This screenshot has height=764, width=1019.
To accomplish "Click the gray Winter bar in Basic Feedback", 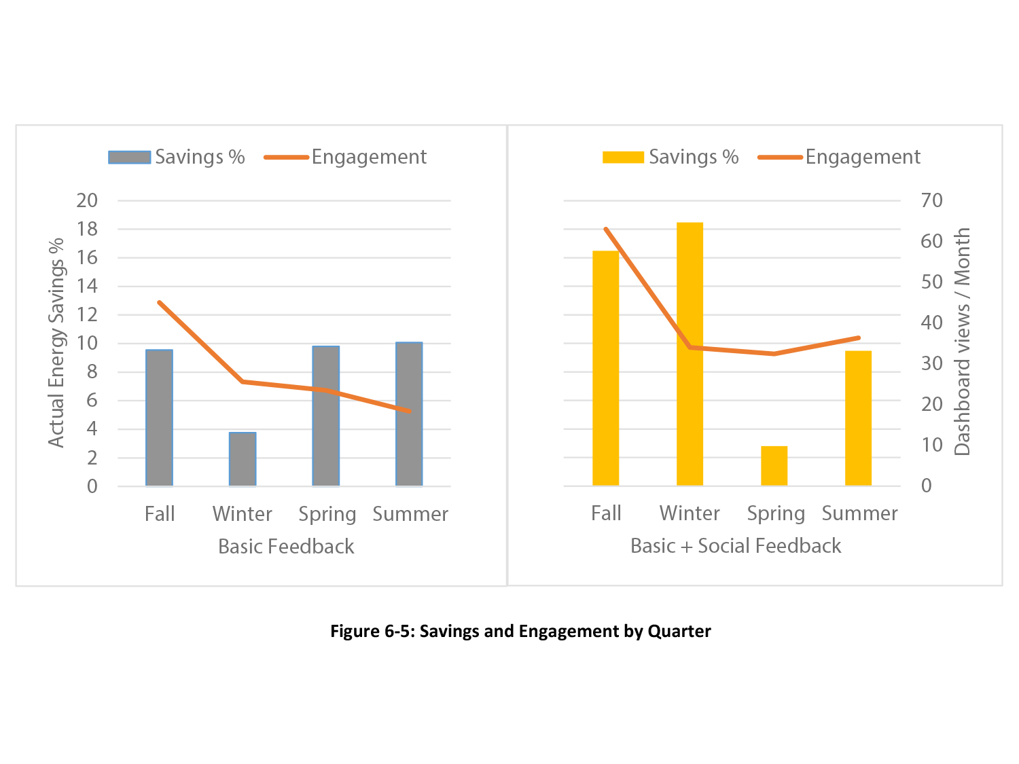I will click(243, 459).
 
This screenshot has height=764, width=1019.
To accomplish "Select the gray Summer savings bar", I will click(409, 414).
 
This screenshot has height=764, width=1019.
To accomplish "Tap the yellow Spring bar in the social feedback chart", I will click(774, 466).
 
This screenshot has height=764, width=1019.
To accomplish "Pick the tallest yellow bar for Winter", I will click(690, 354).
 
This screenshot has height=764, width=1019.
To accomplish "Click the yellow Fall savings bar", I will click(605, 368).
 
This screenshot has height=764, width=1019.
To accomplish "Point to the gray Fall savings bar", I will click(159, 418).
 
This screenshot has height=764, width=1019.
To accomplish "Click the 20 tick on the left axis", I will click(88, 200).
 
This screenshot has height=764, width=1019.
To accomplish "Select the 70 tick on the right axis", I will click(931, 200).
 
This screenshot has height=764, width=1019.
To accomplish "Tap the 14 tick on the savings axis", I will click(88, 286).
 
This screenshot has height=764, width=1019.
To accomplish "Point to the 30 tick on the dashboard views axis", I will click(931, 363).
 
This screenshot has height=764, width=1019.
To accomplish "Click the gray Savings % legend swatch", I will click(129, 158).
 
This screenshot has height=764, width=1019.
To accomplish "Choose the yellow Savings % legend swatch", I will click(623, 158).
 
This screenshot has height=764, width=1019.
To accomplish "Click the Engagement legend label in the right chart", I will click(862, 157).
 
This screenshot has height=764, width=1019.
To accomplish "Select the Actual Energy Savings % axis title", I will click(56, 342).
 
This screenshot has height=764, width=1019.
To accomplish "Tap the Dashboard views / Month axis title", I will click(962, 342).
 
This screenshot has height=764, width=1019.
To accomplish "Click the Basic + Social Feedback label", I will click(736, 546).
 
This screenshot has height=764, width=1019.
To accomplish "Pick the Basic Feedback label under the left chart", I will click(286, 547).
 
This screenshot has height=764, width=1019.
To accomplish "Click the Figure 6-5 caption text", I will click(520, 632).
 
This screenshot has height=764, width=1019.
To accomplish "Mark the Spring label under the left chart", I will click(327, 515).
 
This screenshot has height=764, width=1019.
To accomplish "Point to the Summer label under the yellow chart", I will click(859, 513).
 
